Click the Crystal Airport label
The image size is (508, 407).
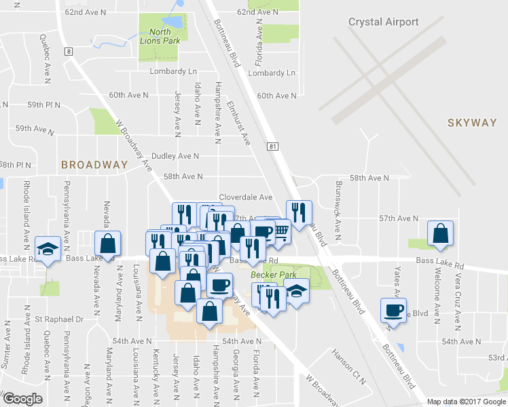click(383, 22)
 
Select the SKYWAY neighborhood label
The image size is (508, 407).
click(472, 123)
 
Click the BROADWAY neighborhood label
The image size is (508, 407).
click(94, 165)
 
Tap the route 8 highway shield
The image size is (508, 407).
click(69, 51)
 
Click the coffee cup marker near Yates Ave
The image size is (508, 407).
click(393, 309)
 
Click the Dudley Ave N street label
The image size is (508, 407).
click(175, 156)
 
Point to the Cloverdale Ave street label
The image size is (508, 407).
click(245, 197)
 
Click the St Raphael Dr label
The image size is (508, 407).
click(59, 319)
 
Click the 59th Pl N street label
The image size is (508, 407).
click(43, 106)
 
